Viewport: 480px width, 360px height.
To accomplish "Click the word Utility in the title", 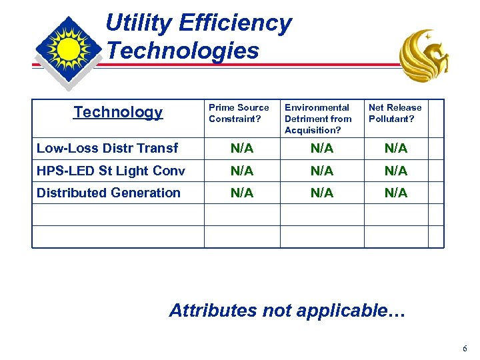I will (x=139, y=23).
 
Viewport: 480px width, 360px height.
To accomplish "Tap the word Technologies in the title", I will (x=183, y=51).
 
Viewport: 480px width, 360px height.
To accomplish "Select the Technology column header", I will (x=118, y=112).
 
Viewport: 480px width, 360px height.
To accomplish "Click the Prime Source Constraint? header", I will (x=239, y=113).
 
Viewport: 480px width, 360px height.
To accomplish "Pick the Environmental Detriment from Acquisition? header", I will (x=318, y=118).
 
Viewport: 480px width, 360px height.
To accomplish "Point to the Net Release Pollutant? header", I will (x=395, y=113).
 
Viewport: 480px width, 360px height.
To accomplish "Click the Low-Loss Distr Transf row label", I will (x=107, y=148).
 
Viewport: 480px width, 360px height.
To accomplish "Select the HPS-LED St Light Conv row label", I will (x=111, y=171).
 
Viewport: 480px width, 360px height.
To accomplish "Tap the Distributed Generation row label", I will (x=109, y=193).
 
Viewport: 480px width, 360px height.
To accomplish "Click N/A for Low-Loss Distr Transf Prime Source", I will (x=242, y=148).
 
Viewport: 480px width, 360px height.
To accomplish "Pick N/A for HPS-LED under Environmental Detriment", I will (x=322, y=171).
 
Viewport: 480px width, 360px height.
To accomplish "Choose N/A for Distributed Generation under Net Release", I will (x=396, y=193).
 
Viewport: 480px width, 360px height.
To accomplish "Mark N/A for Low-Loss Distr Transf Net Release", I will (x=396, y=148).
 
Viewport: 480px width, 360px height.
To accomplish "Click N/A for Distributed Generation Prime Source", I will (x=242, y=193).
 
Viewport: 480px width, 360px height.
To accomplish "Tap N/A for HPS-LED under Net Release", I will (x=396, y=171).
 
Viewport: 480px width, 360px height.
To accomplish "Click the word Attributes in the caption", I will (x=213, y=311).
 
